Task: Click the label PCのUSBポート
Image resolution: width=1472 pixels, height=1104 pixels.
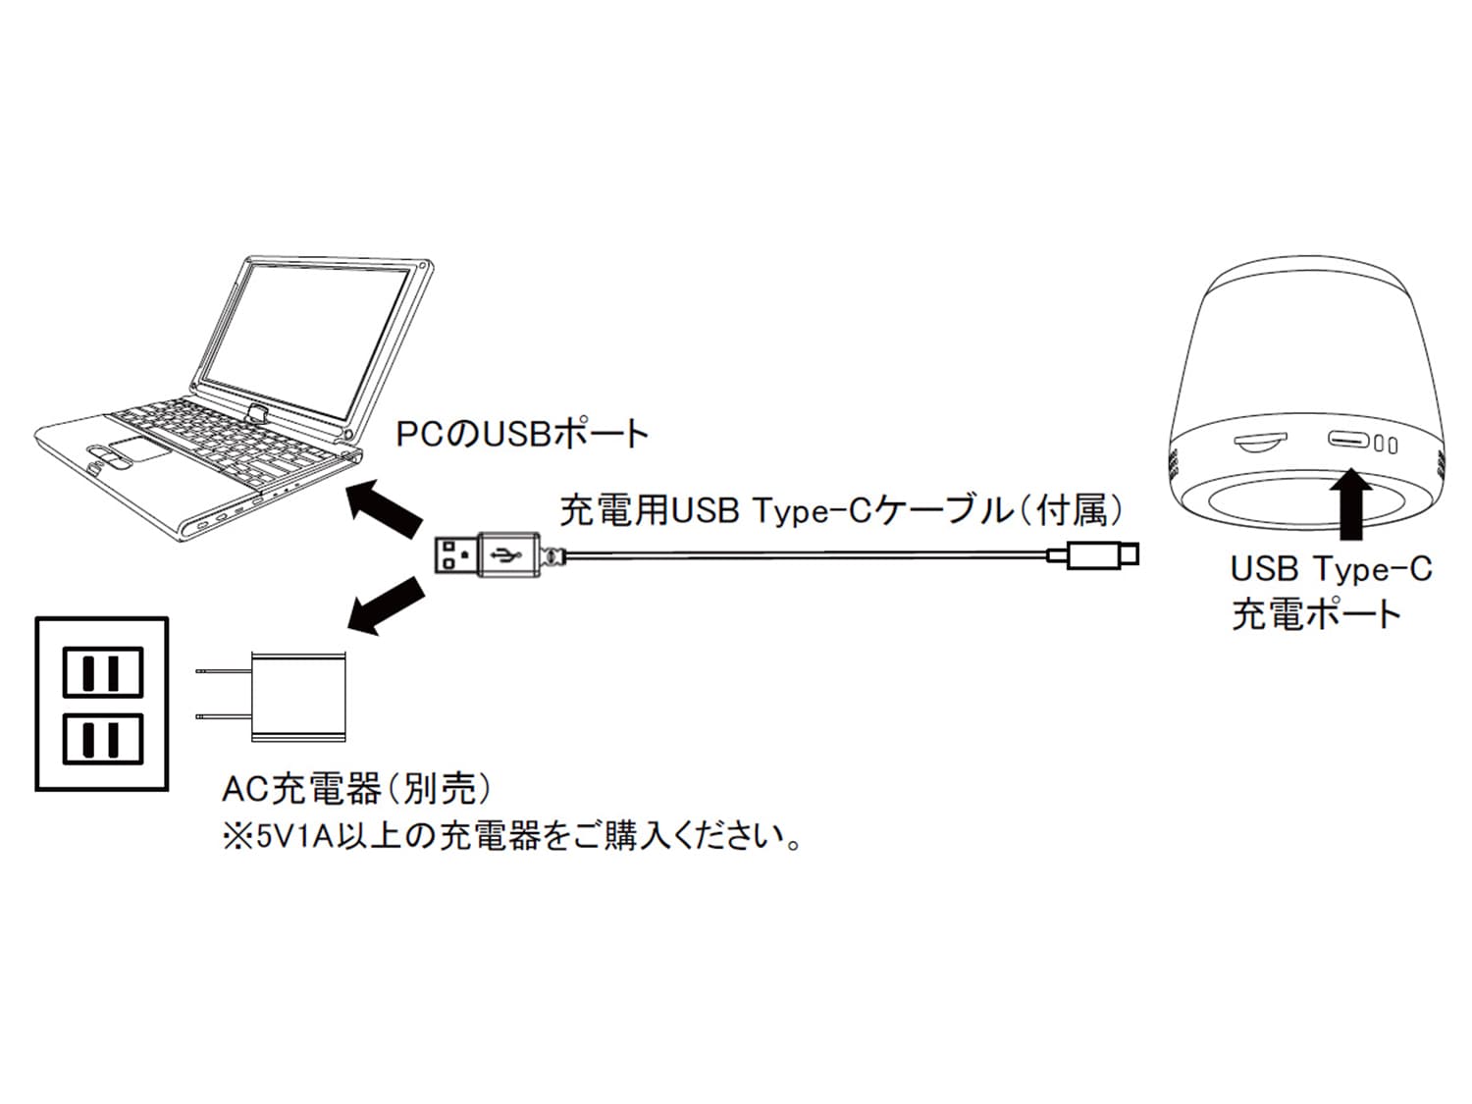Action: pyautogui.click(x=522, y=435)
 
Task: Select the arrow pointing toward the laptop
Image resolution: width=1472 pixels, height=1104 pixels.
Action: pyautogui.click(x=385, y=507)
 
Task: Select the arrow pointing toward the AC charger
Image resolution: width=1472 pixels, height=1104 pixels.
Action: pyautogui.click(x=387, y=605)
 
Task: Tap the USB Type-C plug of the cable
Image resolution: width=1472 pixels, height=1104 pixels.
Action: pyautogui.click(x=1094, y=555)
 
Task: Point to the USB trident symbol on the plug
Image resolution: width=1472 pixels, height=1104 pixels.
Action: pyautogui.click(x=505, y=554)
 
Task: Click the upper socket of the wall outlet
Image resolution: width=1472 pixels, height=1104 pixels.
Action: pyautogui.click(x=103, y=671)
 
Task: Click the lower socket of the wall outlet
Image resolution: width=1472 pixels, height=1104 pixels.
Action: pyautogui.click(x=103, y=739)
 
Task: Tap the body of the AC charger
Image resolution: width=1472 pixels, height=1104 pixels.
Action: pyautogui.click(x=299, y=697)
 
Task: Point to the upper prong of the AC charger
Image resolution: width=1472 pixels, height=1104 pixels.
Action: pyautogui.click(x=223, y=670)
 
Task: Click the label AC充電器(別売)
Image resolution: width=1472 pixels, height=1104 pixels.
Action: pyautogui.click(x=356, y=789)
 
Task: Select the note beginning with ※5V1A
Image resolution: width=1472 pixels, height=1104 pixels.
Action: pyautogui.click(x=512, y=837)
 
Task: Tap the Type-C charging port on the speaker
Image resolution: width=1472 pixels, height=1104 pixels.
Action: pyautogui.click(x=1348, y=440)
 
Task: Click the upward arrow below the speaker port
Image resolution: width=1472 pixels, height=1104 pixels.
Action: pyautogui.click(x=1350, y=503)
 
